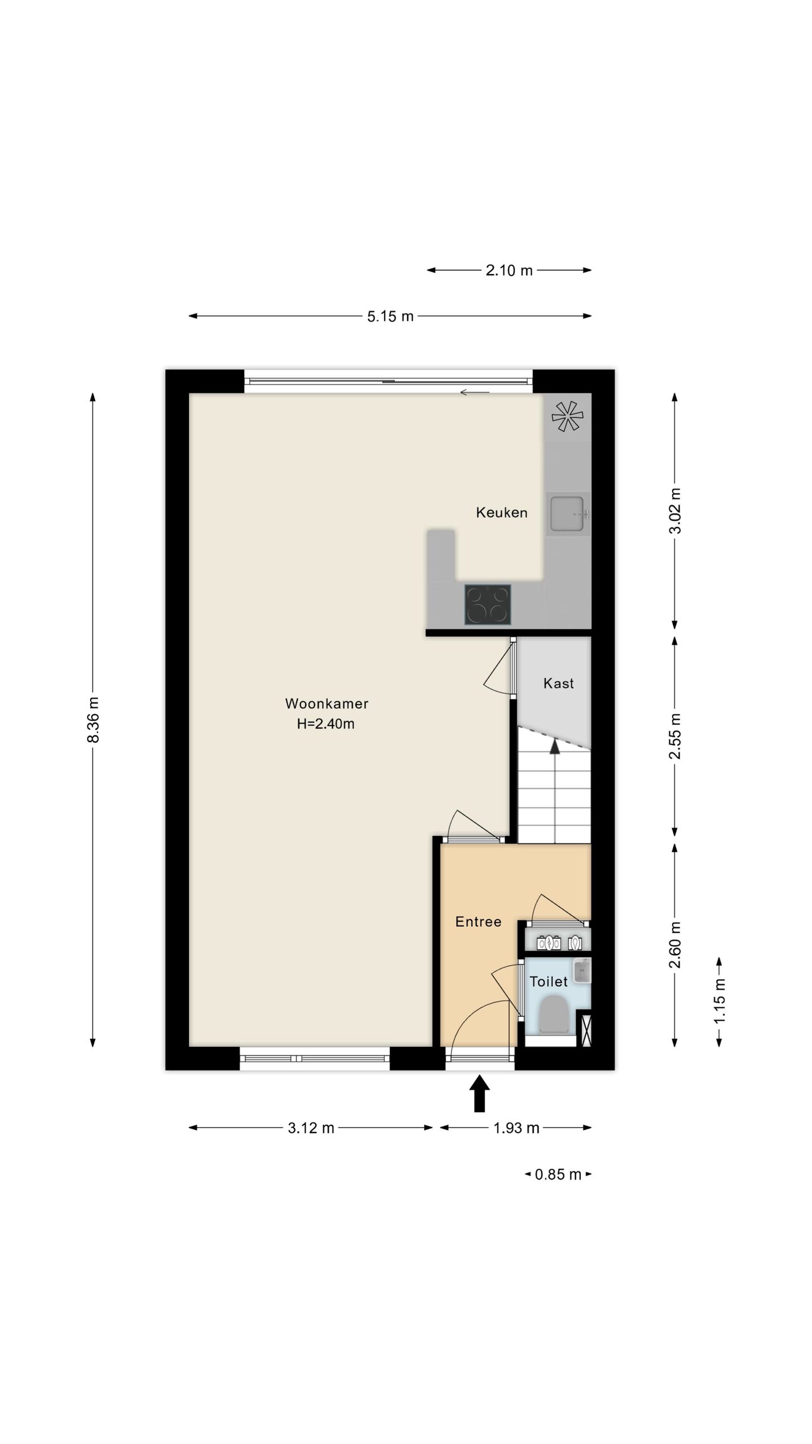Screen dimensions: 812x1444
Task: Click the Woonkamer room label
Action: pos(326,703)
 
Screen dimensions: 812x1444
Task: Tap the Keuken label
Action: pos(501,513)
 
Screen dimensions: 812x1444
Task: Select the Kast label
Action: pos(558,684)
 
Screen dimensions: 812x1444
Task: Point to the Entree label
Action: pos(478,922)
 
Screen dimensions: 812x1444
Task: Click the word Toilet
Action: pos(548,981)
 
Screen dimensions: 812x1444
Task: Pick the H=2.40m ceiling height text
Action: pos(326,724)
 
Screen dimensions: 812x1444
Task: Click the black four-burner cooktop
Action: pos(488,605)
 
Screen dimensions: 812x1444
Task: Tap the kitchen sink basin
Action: pos(567,514)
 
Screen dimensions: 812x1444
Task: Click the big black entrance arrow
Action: pos(479,1093)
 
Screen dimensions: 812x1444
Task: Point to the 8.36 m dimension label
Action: pos(94,719)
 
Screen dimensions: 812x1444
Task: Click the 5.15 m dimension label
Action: pos(390,316)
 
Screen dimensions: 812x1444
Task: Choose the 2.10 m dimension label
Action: pos(509,271)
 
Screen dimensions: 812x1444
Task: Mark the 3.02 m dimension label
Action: pos(675,510)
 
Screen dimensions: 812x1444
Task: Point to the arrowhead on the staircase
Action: pos(555,746)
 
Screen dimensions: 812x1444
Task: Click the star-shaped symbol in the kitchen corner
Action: pos(567,417)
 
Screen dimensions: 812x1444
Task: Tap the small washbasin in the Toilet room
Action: pos(582,971)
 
